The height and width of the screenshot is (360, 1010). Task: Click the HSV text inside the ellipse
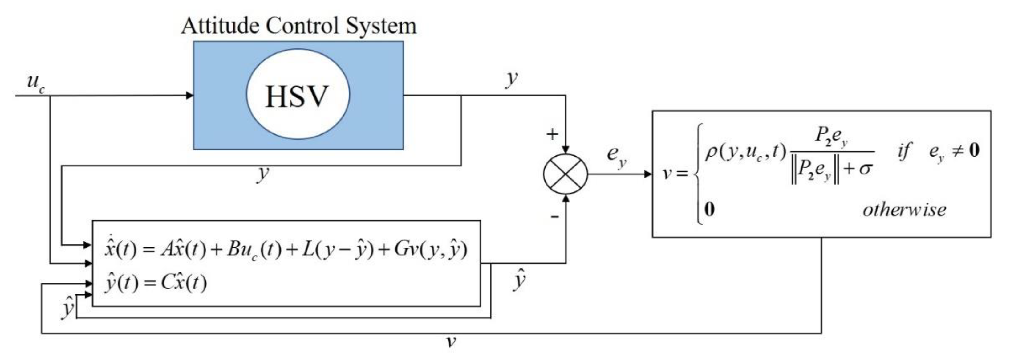(297, 96)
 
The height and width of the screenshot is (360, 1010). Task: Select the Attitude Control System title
(298, 26)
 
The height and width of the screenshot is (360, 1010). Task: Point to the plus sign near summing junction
(552, 134)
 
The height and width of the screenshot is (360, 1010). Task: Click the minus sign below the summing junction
(554, 216)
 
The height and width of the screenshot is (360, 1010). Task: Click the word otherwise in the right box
(904, 210)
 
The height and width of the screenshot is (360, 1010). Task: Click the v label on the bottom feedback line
(451, 342)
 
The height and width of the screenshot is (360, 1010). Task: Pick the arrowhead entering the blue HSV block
(190, 95)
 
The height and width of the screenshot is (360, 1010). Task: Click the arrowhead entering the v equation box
(648, 174)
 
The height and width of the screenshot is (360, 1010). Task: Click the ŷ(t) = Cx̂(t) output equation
(155, 282)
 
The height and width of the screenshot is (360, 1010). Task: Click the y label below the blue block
(263, 174)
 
